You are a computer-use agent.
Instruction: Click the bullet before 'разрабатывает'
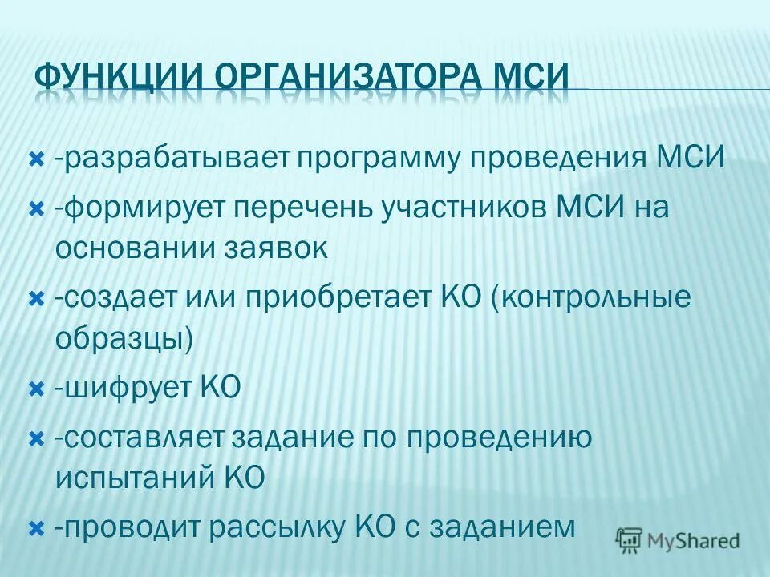click(x=35, y=160)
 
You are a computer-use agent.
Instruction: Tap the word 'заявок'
click(x=276, y=248)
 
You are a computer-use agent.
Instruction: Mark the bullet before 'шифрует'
click(x=35, y=390)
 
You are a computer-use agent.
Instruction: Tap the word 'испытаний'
click(x=132, y=478)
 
